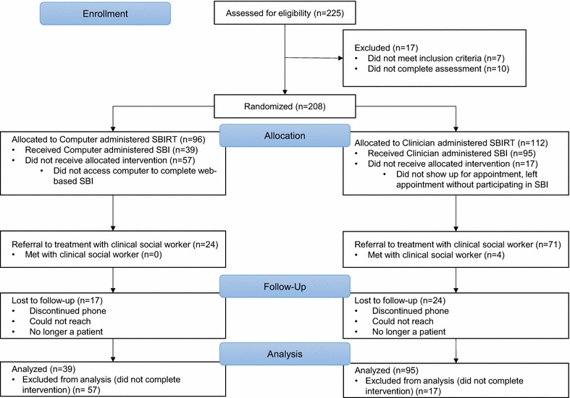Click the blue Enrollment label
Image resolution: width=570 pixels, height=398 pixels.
pos(105,14)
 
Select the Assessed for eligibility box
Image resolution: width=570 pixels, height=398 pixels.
pos(285,13)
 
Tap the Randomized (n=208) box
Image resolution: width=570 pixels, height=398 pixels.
pos(285,106)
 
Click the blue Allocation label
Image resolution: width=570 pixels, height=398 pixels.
pos(285,136)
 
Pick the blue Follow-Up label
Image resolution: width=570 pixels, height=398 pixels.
pos(285,287)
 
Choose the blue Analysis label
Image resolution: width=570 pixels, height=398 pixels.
pos(285,354)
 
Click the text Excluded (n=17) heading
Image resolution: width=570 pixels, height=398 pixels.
pos(386,48)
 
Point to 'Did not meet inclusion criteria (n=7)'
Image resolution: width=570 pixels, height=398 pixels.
pos(436,58)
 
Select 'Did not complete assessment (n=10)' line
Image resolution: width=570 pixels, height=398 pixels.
pos(438,69)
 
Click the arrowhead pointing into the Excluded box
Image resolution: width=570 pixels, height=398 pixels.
pos(340,58)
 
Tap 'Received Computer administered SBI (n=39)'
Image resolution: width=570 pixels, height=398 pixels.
pos(112,150)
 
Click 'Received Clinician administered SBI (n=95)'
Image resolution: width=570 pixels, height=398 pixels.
pos(451,153)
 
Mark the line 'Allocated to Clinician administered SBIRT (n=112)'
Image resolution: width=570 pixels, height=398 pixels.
pos(450,143)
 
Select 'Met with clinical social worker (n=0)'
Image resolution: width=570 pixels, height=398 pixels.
pos(93,255)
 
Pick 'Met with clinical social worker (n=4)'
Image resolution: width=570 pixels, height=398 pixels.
pos(436,255)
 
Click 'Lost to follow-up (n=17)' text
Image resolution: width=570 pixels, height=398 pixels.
pos(57,300)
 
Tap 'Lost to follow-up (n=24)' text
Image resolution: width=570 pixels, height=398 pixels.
pos(400,300)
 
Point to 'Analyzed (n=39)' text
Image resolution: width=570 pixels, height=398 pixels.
pos(43,369)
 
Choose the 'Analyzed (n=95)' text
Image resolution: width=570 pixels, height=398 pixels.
pos(387,371)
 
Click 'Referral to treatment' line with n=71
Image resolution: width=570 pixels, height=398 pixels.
pos(458,245)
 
